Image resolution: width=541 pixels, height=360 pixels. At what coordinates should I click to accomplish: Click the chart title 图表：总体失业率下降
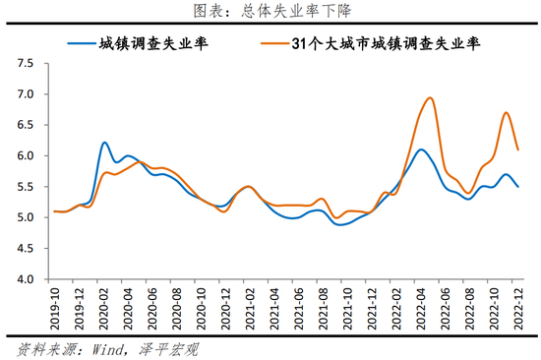pos(270,11)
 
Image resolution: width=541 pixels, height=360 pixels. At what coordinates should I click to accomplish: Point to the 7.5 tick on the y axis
pos(25,64)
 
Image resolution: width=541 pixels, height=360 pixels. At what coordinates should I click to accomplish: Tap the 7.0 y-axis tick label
pos(25,94)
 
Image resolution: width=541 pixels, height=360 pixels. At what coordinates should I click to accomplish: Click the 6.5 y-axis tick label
pos(25,125)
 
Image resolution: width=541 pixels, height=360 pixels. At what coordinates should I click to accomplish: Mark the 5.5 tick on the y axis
pos(25,187)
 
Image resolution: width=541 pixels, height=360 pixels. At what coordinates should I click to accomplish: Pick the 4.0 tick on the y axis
pos(25,279)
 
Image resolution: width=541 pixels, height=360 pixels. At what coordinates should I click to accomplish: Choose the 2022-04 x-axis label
pos(425,307)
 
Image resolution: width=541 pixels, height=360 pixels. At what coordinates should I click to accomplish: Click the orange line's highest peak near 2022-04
pos(430,97)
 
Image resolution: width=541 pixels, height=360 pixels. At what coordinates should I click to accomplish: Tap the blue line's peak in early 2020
pos(105,143)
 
